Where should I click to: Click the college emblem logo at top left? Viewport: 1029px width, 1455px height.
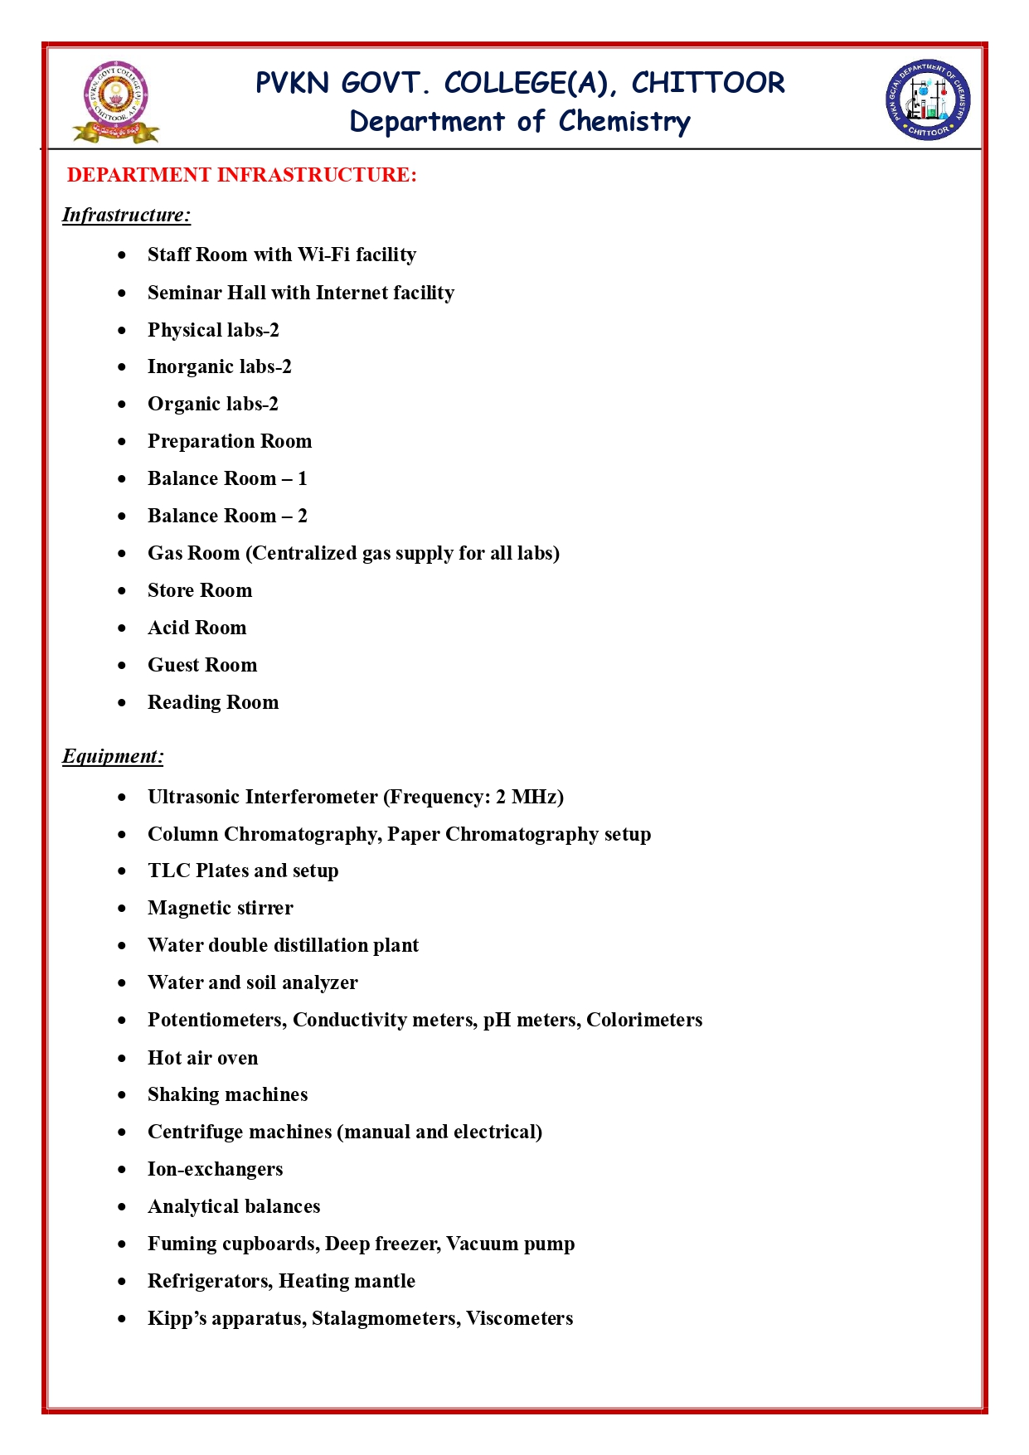116,102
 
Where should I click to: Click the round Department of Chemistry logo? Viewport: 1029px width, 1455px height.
928,99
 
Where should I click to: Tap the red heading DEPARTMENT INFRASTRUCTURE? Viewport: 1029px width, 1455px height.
241,175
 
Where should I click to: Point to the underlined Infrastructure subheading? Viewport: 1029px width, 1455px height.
126,216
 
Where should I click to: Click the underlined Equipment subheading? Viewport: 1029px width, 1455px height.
113,756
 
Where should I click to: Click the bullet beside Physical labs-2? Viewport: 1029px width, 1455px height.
123,330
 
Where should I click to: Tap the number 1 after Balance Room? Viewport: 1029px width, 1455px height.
303,478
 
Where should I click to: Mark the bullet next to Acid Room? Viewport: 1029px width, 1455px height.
123,628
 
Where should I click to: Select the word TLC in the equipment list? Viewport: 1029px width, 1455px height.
169,871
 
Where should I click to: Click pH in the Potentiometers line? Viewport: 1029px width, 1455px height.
497,1020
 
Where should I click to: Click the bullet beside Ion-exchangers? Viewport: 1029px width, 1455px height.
123,1169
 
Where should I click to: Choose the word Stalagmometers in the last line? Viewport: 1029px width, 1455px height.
386,1318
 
